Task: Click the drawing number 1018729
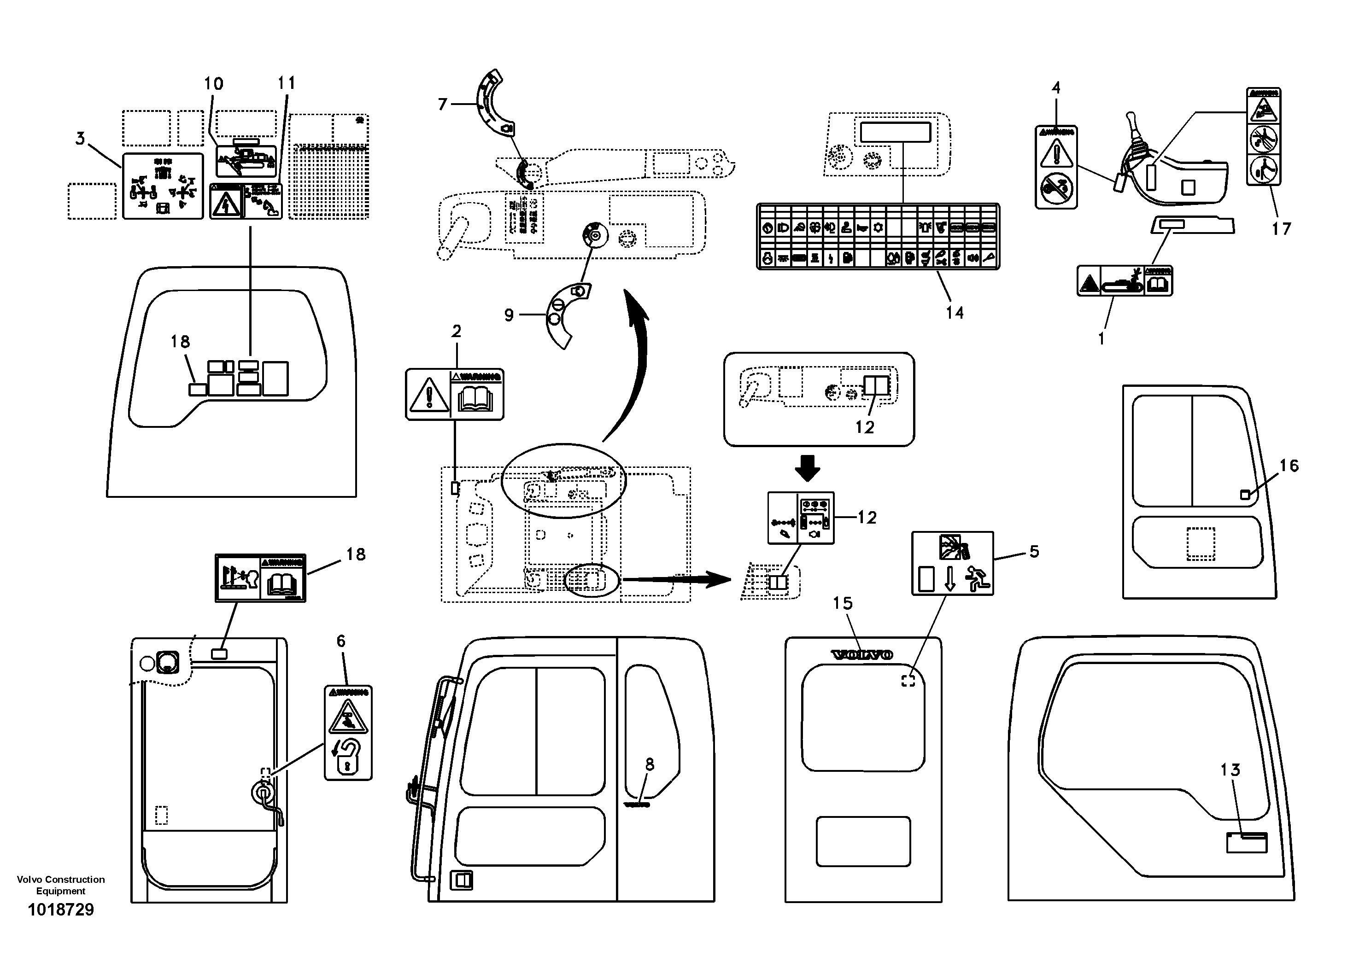click(x=61, y=910)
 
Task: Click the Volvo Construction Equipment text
click(x=61, y=885)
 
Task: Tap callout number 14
click(x=954, y=312)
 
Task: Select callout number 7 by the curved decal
click(x=442, y=105)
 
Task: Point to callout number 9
click(x=509, y=315)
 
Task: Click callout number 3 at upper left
click(x=81, y=139)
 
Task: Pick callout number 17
click(x=1281, y=228)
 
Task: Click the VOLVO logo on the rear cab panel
click(x=862, y=655)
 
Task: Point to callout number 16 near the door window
click(x=1289, y=466)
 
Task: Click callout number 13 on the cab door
click(x=1230, y=770)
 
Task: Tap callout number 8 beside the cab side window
click(x=650, y=764)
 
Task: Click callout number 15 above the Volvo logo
click(x=843, y=603)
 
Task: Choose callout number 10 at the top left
click(x=213, y=83)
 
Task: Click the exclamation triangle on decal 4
click(x=1056, y=153)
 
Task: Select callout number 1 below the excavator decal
click(x=1101, y=338)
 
